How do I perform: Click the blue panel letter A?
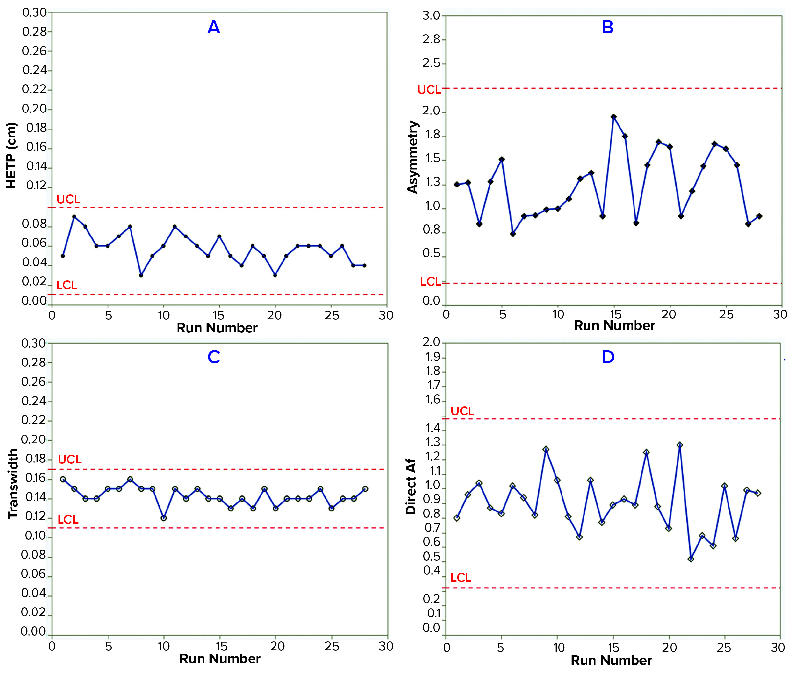click(x=214, y=27)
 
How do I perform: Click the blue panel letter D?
click(x=608, y=357)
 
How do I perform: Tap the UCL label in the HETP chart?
click(x=68, y=199)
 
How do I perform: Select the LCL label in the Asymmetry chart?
click(x=430, y=281)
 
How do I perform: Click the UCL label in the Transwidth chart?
click(x=69, y=459)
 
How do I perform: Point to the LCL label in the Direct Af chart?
click(x=461, y=577)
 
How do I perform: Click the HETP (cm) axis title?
click(x=12, y=156)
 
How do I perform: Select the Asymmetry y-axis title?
click(x=413, y=157)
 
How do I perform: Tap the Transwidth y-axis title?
click(x=12, y=484)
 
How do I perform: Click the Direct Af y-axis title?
click(x=411, y=486)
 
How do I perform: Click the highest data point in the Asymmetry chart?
click(x=614, y=117)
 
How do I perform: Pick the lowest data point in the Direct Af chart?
click(x=691, y=559)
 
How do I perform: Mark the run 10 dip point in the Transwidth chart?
click(x=163, y=518)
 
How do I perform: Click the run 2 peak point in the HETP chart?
click(x=74, y=216)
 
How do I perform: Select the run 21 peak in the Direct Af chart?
click(x=680, y=445)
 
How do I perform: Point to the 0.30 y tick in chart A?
click(x=34, y=12)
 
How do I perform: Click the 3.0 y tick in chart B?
click(x=431, y=16)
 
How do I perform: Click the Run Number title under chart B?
click(x=614, y=325)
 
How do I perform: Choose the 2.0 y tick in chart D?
click(x=431, y=342)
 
